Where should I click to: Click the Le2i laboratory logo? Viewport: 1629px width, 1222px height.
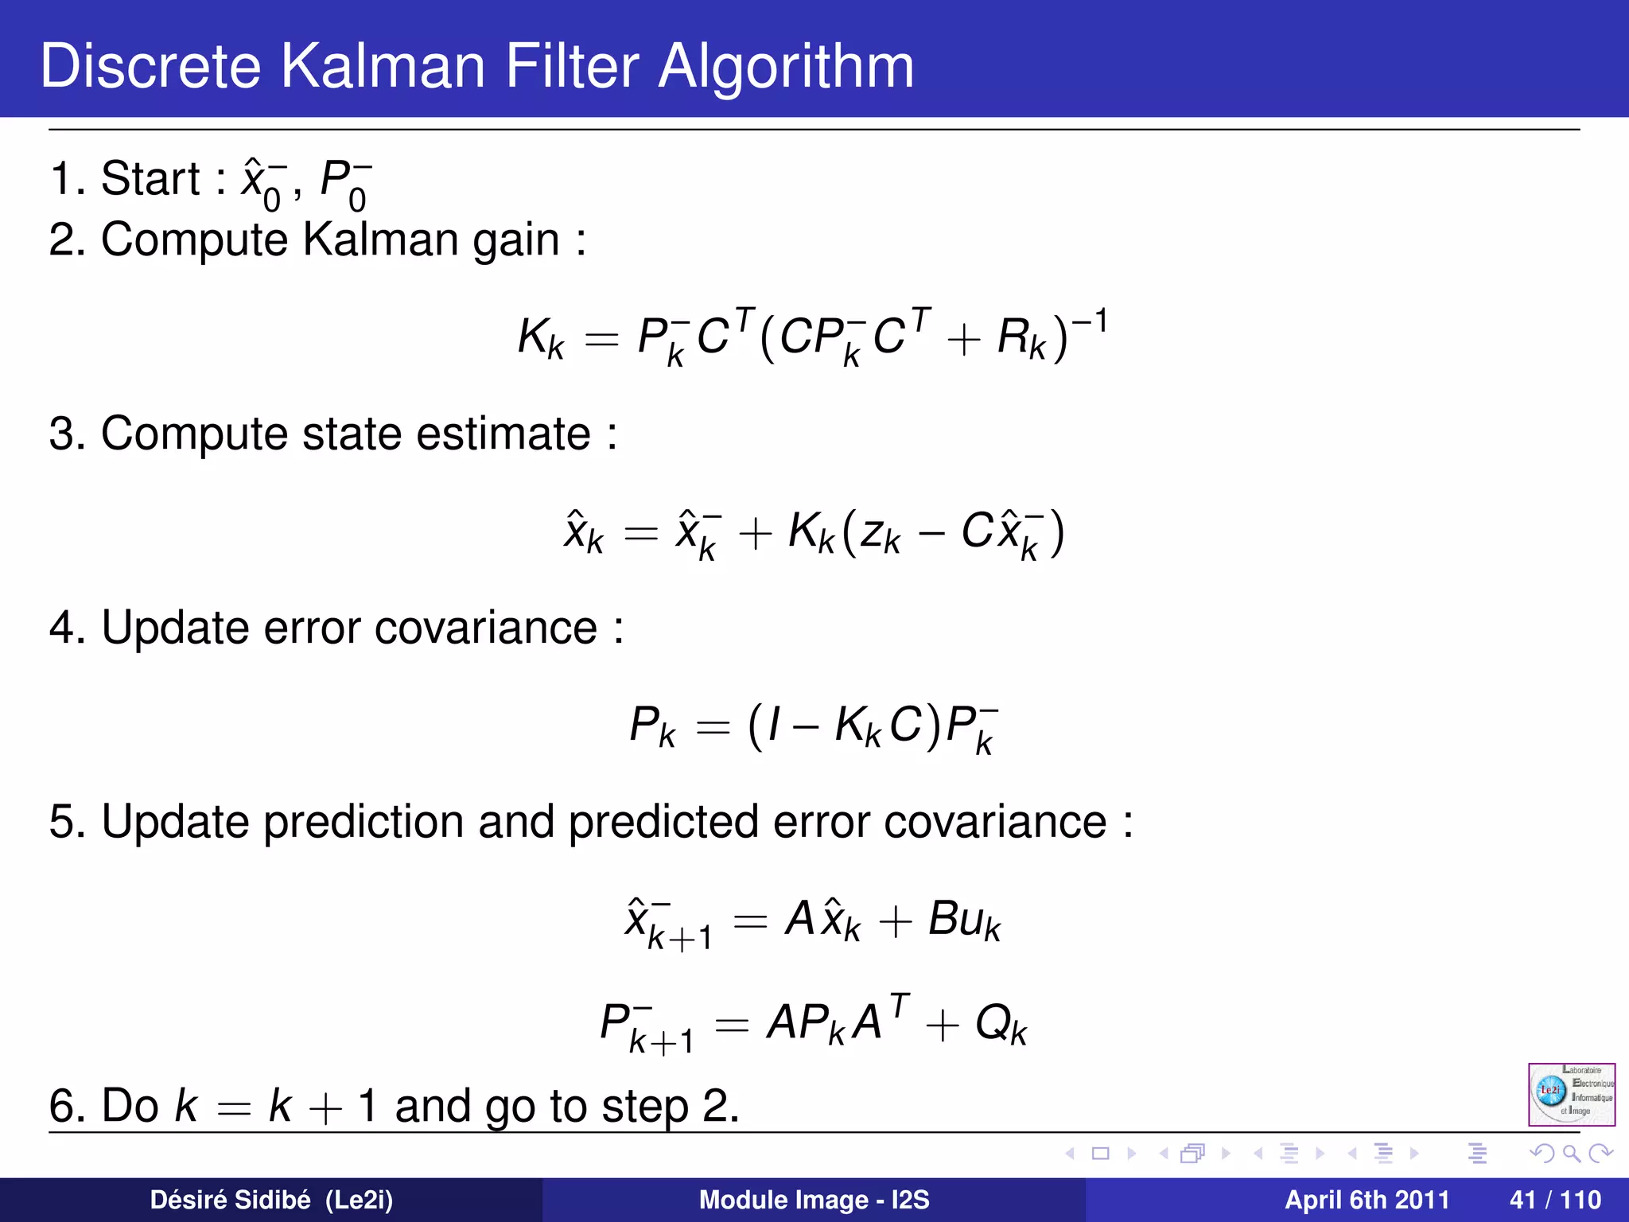click(1571, 1094)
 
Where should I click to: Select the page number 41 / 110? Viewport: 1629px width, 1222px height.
click(1555, 1200)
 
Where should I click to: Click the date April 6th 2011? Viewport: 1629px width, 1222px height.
click(1367, 1200)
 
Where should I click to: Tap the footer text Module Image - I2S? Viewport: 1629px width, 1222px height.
click(814, 1200)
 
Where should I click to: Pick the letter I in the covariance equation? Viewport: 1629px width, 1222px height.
click(774, 726)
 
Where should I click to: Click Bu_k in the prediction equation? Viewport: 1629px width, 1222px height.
click(964, 920)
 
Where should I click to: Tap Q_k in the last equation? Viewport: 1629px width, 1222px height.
click(1001, 1024)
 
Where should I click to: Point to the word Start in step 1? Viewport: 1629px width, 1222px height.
click(150, 178)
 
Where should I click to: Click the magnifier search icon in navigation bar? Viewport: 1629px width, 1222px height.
click(1571, 1153)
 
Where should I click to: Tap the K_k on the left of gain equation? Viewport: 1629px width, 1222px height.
click(541, 337)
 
